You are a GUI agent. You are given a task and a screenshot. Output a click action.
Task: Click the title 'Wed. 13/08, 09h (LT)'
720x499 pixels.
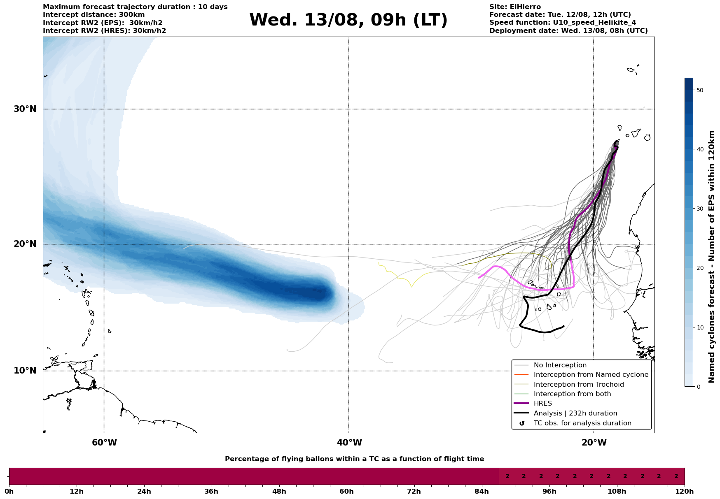click(x=348, y=20)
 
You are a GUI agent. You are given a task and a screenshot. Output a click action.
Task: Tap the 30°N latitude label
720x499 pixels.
click(x=25, y=109)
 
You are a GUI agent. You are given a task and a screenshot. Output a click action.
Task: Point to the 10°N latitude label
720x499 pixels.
click(x=25, y=371)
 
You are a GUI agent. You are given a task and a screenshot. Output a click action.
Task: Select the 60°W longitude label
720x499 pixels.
click(x=104, y=443)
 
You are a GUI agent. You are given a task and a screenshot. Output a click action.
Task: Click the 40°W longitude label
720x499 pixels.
click(x=349, y=443)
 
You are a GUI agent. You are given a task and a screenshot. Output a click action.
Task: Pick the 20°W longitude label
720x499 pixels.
click(x=594, y=443)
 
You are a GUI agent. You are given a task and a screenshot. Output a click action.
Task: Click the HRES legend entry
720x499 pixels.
click(x=542, y=404)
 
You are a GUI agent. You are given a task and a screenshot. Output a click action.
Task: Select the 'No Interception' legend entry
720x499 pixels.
click(x=560, y=365)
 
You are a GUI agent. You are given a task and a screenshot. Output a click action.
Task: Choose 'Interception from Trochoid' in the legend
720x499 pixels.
click(x=578, y=385)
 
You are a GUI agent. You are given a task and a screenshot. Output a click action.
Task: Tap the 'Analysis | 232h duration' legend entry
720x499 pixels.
click(x=575, y=413)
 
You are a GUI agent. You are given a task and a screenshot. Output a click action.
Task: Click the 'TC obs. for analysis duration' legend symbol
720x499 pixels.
click(x=522, y=423)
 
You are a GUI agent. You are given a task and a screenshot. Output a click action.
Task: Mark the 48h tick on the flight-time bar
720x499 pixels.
click(x=279, y=491)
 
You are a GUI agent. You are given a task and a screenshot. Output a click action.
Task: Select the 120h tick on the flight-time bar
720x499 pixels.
click(x=685, y=491)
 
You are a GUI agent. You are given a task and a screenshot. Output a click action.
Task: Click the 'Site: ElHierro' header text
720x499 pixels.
click(x=515, y=7)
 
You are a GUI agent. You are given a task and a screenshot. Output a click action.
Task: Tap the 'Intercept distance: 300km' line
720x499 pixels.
click(x=94, y=15)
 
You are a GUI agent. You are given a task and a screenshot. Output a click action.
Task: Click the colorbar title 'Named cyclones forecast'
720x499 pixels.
click(x=712, y=257)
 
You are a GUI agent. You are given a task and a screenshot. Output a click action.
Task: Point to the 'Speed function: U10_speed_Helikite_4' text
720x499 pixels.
click(x=563, y=23)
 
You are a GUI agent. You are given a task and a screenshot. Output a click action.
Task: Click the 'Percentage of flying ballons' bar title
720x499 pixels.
click(x=354, y=459)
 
